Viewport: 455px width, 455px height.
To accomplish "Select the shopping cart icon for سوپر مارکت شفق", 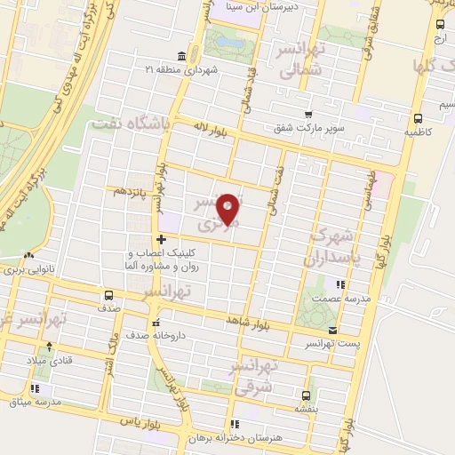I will (307, 114).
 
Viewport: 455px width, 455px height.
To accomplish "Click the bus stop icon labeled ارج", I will (436, 25).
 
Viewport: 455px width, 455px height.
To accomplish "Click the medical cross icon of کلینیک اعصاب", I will (161, 239).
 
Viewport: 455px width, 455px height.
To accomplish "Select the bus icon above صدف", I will (108, 296).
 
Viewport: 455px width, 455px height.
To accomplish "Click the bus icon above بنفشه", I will (306, 395).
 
